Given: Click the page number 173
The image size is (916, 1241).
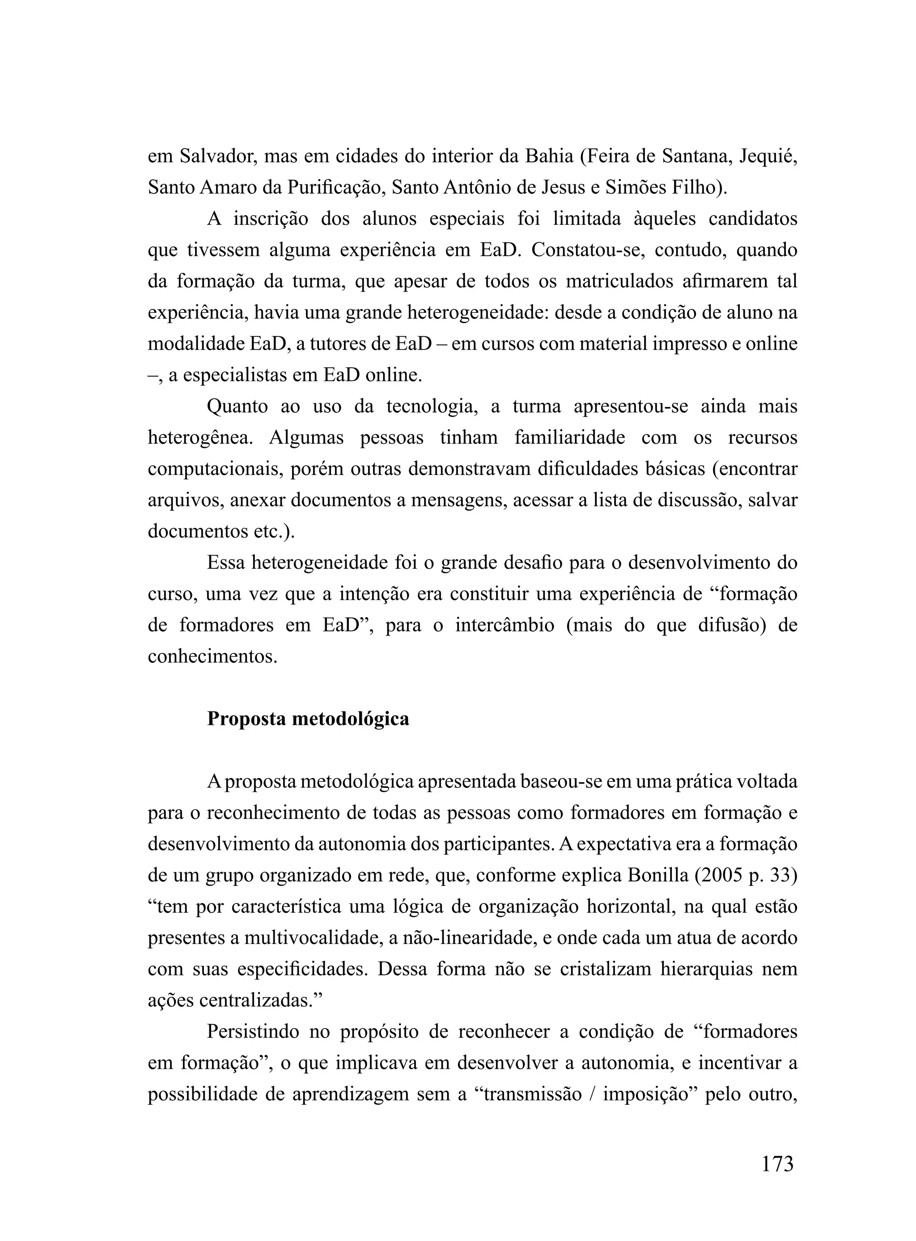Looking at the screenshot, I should point(777,1164).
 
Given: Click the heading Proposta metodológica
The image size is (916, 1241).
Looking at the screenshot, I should point(308,719).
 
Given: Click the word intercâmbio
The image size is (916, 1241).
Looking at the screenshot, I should point(505,625).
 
